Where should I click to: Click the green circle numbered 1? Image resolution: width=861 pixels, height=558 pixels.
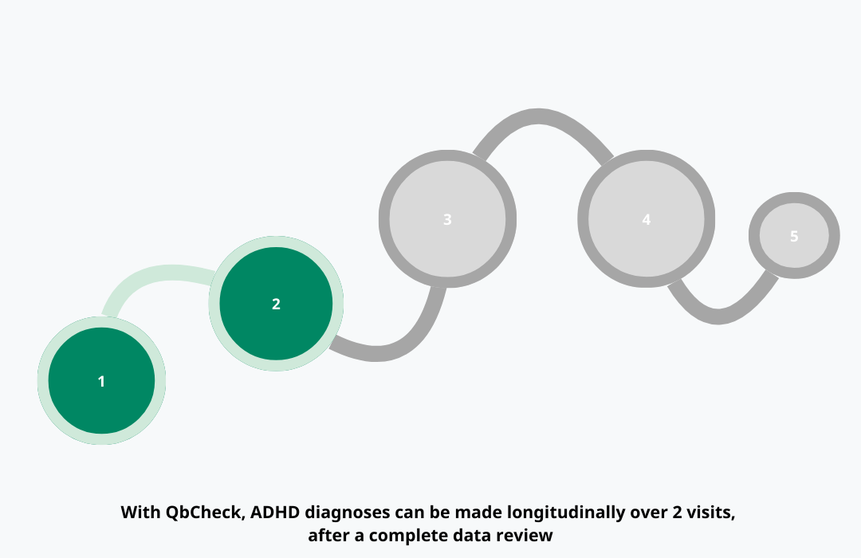[101, 381]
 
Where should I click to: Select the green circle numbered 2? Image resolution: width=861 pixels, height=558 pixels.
[276, 304]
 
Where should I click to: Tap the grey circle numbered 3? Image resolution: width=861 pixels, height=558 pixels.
[447, 218]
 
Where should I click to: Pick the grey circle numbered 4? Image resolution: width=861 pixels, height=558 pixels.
[646, 218]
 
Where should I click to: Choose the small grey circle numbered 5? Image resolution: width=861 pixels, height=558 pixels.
[794, 236]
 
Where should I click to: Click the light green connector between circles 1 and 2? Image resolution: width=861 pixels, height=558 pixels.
[155, 276]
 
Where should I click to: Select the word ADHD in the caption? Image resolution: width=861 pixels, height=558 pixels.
[275, 513]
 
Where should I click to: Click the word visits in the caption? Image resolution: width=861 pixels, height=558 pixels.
[710, 513]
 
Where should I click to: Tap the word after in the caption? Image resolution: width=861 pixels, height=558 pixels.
[327, 536]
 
